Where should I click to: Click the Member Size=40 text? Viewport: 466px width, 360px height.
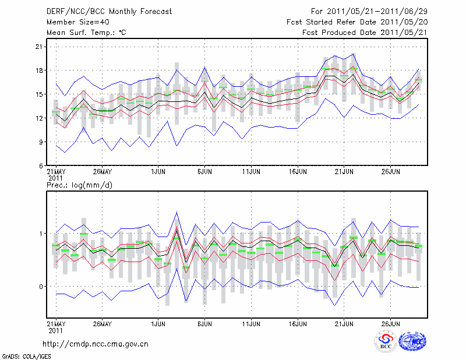click(74, 22)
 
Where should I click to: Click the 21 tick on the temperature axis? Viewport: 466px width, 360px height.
click(40, 47)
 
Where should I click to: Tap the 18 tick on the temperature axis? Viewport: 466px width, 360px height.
click(40, 70)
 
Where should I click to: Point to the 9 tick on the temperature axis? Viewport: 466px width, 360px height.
click(41, 142)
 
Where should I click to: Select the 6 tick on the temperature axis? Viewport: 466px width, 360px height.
click(41, 165)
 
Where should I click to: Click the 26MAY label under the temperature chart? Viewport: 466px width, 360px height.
click(102, 172)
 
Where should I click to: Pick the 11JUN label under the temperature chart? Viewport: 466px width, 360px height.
click(251, 172)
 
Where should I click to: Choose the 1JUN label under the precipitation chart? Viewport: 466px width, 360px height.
click(158, 323)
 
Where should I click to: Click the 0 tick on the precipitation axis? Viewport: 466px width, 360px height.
click(41, 287)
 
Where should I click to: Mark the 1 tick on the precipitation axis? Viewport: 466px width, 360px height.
click(41, 234)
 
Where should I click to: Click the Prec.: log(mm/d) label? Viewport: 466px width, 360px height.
click(79, 185)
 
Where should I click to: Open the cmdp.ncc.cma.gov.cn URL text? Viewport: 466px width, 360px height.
click(96, 344)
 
